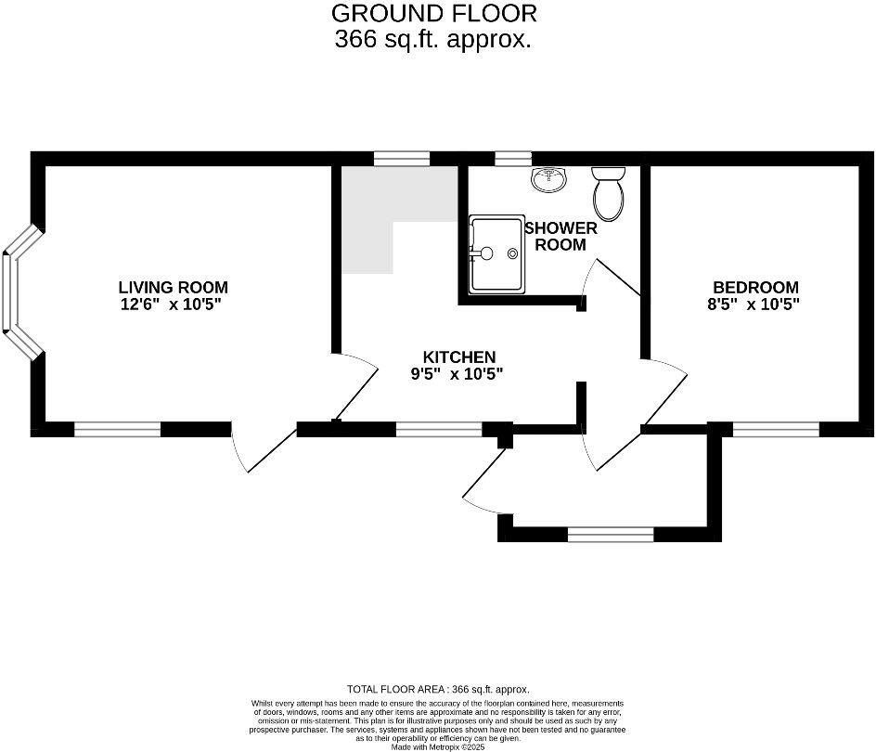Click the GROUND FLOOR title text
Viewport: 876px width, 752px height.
pyautogui.click(x=434, y=14)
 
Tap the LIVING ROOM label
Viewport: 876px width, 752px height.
pyautogui.click(x=173, y=288)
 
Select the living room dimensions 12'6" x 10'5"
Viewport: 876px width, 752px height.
pyautogui.click(x=173, y=305)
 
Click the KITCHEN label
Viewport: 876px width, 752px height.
pyautogui.click(x=459, y=357)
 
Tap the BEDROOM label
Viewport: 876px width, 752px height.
pyautogui.click(x=755, y=288)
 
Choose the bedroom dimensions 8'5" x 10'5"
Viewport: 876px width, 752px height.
pyautogui.click(x=755, y=305)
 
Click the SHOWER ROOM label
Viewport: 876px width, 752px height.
pyautogui.click(x=560, y=237)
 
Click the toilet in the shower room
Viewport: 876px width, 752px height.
pyautogui.click(x=609, y=190)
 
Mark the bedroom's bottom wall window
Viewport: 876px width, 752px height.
pyautogui.click(x=776, y=429)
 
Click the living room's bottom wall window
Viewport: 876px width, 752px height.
pyautogui.click(x=117, y=429)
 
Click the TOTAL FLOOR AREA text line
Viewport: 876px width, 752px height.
pyautogui.click(x=438, y=690)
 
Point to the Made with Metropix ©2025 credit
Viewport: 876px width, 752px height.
pyautogui.click(x=438, y=746)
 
